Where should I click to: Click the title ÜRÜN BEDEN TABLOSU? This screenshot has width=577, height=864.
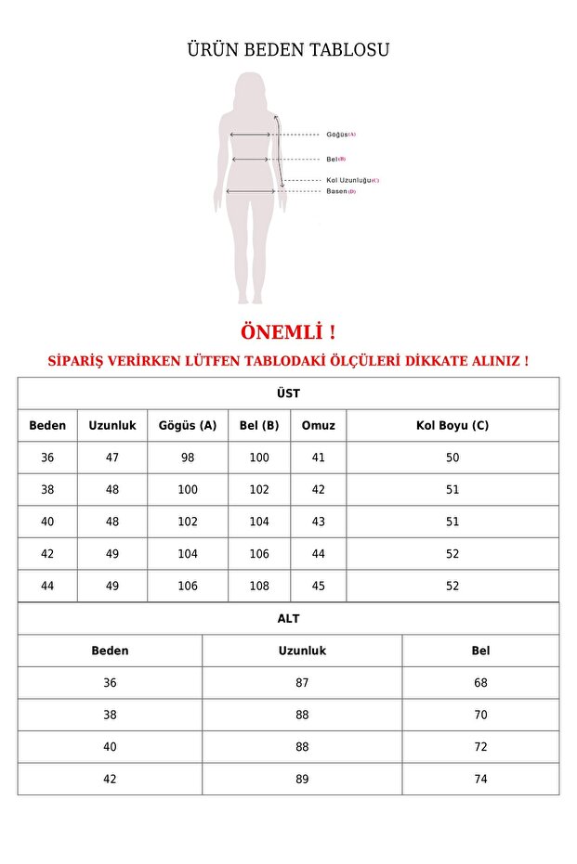(288, 50)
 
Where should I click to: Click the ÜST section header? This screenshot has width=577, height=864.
(288, 393)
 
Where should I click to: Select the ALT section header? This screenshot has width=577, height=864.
(288, 618)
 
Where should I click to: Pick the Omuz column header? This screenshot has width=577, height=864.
(319, 426)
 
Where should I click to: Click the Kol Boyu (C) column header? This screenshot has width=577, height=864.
(452, 426)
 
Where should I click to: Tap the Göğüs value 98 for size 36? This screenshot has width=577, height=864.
(188, 458)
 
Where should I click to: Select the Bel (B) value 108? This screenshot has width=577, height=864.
(259, 586)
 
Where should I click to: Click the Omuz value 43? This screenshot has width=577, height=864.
(319, 522)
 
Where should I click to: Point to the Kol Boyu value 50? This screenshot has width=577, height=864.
(452, 458)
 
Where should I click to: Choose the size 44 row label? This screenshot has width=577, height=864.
(47, 586)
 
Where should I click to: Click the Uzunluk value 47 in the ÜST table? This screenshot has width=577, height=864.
(112, 458)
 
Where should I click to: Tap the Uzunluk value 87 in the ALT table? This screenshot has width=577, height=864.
(302, 683)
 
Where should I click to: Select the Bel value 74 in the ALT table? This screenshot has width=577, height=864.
(480, 779)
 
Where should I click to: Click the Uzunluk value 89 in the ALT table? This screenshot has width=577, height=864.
(302, 779)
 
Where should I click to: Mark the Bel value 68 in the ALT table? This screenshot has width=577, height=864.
(480, 683)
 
